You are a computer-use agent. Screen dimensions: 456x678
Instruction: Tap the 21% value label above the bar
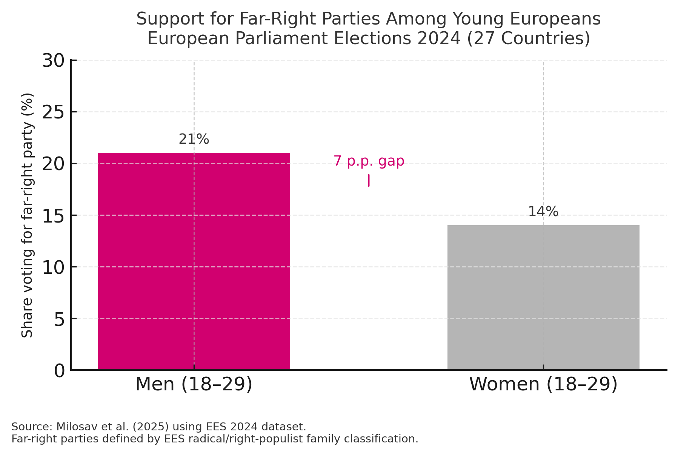pos(194,139)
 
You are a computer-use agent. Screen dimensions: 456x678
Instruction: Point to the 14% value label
pos(543,212)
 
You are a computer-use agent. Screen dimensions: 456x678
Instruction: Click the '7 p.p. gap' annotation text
pos(369,161)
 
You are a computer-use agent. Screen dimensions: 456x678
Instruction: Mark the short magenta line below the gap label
pos(369,180)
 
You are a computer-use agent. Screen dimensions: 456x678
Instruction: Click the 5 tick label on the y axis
pos(60,319)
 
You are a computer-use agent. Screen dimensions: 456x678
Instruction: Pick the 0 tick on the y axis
pos(60,370)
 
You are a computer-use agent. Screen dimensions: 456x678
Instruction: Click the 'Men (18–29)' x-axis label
pos(194,384)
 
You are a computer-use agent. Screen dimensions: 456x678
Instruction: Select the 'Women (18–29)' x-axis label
pos(543,384)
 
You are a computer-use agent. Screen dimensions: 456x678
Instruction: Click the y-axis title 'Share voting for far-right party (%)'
pos(27,215)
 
